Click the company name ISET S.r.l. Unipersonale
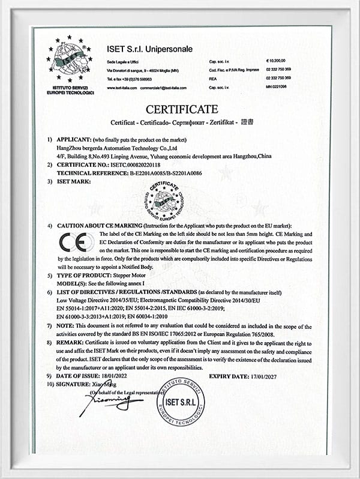149,49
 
